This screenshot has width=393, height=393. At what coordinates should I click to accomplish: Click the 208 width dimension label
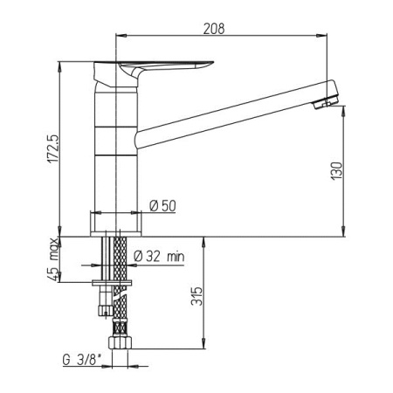[x=214, y=29]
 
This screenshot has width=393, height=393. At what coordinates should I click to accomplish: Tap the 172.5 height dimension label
[x=54, y=148]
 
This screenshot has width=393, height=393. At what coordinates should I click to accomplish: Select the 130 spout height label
[x=337, y=171]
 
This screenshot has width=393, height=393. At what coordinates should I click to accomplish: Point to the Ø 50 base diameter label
[x=163, y=206]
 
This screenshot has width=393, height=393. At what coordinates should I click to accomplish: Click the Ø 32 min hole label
[x=159, y=257]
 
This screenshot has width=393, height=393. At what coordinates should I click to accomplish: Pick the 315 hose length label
[x=196, y=296]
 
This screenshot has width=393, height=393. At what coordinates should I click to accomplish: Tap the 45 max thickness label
[x=53, y=259]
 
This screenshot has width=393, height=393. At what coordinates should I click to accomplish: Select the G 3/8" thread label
[x=83, y=360]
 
